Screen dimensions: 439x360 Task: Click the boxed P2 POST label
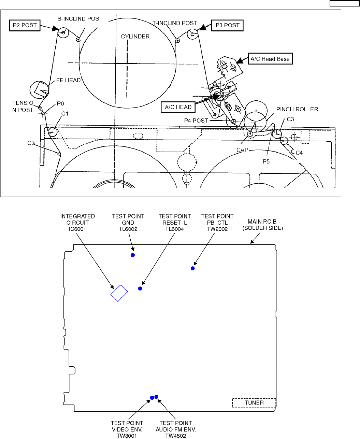[x=25, y=26]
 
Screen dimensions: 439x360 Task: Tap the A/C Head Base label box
[x=270, y=59]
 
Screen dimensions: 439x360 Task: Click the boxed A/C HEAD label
[x=178, y=107]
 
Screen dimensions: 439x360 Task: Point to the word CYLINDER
[x=135, y=36]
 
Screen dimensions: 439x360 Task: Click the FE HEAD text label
[x=68, y=81]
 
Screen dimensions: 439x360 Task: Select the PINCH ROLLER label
[x=297, y=109]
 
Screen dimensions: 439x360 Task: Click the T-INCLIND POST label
[x=175, y=23]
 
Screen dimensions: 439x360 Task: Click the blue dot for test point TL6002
[x=133, y=255]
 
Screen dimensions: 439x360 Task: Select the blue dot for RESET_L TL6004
[x=140, y=288]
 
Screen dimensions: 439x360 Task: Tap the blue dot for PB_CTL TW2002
[x=193, y=268]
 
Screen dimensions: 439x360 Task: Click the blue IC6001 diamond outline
[x=119, y=293]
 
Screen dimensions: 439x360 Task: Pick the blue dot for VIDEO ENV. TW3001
[x=152, y=398]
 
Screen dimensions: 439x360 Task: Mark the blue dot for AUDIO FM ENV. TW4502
[x=156, y=397]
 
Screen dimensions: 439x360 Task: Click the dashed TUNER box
[x=254, y=403]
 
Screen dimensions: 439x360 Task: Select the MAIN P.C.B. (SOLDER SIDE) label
[x=263, y=225]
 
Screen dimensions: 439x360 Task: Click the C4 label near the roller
[x=299, y=153]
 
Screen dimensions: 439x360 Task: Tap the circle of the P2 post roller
[x=63, y=33]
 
